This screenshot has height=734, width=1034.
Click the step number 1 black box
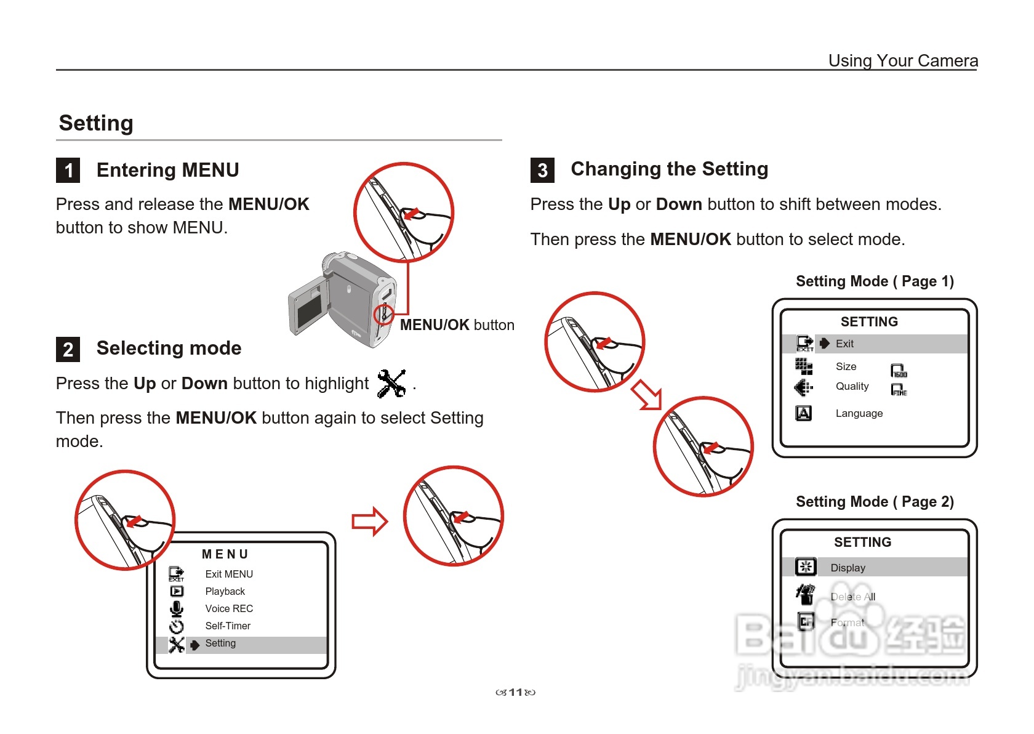(x=68, y=171)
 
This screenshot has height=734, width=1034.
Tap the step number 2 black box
(x=68, y=349)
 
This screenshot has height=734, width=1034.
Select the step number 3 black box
(x=542, y=171)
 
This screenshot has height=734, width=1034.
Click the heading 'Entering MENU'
(x=167, y=170)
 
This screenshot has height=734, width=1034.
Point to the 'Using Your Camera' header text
(x=902, y=60)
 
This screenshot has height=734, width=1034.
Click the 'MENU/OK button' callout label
(x=457, y=325)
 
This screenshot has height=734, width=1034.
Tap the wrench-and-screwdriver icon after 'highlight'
(x=391, y=383)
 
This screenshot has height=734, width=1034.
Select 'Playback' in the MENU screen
(x=225, y=591)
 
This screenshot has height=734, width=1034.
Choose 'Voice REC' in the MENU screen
(x=229, y=608)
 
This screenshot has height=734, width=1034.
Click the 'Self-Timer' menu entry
(x=228, y=626)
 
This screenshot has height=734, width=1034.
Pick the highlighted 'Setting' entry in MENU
(x=220, y=643)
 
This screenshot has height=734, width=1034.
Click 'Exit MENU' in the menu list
(x=229, y=574)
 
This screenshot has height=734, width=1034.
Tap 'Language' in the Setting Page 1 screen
(x=859, y=413)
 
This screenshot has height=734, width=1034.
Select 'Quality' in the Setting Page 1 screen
(x=852, y=386)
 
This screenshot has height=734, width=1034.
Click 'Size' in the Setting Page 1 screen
(x=846, y=366)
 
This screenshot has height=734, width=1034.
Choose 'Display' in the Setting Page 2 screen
(x=848, y=568)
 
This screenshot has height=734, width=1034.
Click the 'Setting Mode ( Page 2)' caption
(x=875, y=502)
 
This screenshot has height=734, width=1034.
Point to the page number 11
(x=515, y=692)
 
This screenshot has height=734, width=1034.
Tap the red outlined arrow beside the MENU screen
(x=369, y=522)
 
